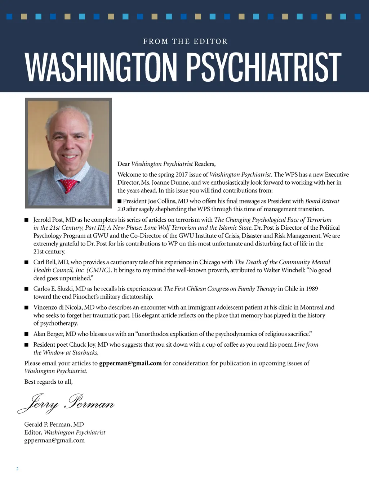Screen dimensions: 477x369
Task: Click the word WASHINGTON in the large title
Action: [101, 67]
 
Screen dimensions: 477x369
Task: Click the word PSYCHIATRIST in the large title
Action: [263, 67]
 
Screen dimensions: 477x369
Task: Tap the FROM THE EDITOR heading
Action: [185, 41]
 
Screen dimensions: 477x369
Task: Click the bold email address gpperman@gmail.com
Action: [130, 363]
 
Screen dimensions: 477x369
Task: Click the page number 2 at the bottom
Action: [17, 469]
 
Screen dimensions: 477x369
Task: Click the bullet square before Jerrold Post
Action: [26, 220]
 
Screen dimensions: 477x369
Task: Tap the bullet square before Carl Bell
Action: [26, 262]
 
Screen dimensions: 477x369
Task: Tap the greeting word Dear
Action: [124, 164]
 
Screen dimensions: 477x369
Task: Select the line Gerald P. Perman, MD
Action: [54, 424]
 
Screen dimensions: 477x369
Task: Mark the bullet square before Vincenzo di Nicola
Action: [26, 307]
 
